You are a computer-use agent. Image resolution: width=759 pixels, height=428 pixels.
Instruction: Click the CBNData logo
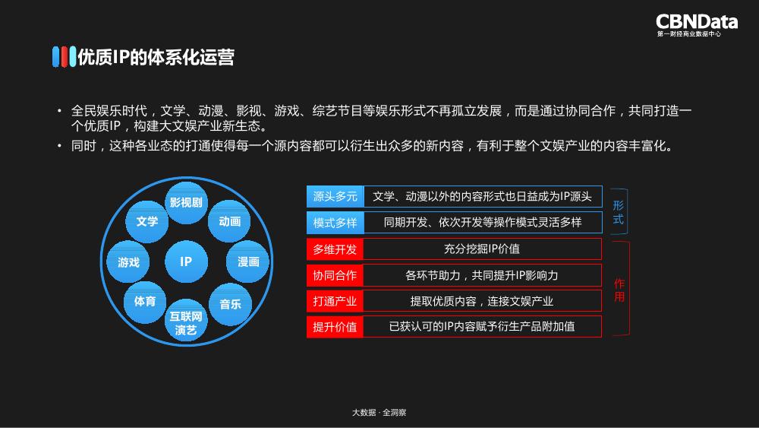pyautogui.click(x=696, y=24)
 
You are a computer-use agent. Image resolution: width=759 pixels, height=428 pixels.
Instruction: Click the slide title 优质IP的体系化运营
pyautogui.click(x=155, y=58)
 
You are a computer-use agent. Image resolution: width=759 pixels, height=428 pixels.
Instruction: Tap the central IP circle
pyautogui.click(x=186, y=262)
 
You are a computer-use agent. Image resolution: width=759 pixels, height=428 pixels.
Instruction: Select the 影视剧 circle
pyautogui.click(x=186, y=202)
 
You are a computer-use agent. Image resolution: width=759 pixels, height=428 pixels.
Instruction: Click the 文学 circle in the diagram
pyautogui.click(x=146, y=221)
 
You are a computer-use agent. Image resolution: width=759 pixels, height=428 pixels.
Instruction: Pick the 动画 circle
pyautogui.click(x=229, y=221)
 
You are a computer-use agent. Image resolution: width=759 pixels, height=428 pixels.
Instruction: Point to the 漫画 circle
pyautogui.click(x=248, y=262)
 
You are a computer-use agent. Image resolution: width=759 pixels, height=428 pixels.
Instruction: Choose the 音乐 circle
pyautogui.click(x=230, y=304)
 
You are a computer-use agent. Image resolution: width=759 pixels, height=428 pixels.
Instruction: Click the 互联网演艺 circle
pyautogui.click(x=186, y=322)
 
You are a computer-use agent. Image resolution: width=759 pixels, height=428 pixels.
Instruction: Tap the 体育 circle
pyautogui.click(x=145, y=301)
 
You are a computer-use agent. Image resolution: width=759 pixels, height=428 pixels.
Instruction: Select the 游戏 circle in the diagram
pyautogui.click(x=128, y=262)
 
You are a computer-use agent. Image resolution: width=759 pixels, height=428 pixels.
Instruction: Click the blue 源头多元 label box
pyautogui.click(x=335, y=197)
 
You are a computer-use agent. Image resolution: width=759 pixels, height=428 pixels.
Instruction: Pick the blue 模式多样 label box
pyautogui.click(x=335, y=223)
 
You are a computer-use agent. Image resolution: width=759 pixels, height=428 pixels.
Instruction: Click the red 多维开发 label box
pyautogui.click(x=335, y=249)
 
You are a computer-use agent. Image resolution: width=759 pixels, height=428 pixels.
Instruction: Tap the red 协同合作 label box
pyautogui.click(x=335, y=275)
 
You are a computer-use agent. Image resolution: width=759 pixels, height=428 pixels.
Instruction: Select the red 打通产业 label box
pyautogui.click(x=335, y=301)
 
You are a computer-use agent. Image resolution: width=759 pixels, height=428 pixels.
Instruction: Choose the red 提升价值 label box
pyautogui.click(x=335, y=327)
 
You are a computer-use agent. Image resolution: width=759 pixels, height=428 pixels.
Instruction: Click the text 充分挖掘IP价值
pyautogui.click(x=481, y=249)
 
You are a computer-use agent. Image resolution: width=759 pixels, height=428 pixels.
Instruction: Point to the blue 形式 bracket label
pyautogui.click(x=619, y=212)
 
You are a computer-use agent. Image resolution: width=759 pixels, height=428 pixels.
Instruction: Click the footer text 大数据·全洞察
pyautogui.click(x=379, y=412)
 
